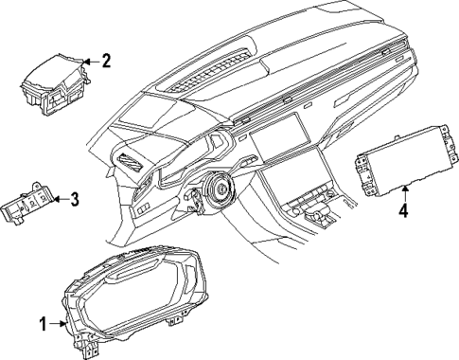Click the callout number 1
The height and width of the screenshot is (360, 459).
(42, 323)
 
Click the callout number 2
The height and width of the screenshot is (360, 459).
(106, 62)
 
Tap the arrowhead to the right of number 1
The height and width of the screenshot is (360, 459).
(62, 323)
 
